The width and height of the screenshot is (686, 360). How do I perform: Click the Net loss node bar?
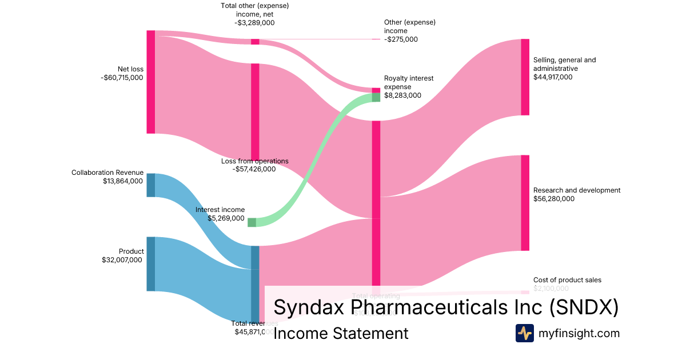point(151,82)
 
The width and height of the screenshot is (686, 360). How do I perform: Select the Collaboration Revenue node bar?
point(151,185)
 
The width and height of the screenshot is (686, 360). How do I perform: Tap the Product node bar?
point(151,263)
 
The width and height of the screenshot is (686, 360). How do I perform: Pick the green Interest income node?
point(252,222)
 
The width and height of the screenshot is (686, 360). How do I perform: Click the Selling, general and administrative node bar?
point(525,77)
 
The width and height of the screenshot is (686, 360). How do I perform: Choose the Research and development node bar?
point(525,202)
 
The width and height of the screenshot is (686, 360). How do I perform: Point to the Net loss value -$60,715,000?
point(122,78)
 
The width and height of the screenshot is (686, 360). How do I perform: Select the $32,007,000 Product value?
point(122,260)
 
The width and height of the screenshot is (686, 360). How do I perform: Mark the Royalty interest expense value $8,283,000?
point(402,95)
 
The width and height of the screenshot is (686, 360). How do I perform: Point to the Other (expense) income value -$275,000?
point(401,39)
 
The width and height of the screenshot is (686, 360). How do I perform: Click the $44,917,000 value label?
point(553,77)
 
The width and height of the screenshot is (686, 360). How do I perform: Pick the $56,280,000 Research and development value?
point(553,199)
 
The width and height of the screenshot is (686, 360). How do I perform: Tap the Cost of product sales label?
point(567,280)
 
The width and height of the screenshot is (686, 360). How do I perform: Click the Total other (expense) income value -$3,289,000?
point(254,23)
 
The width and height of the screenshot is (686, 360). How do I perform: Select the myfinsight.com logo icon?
point(524,333)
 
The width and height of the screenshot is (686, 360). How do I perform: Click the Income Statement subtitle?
point(341,333)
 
